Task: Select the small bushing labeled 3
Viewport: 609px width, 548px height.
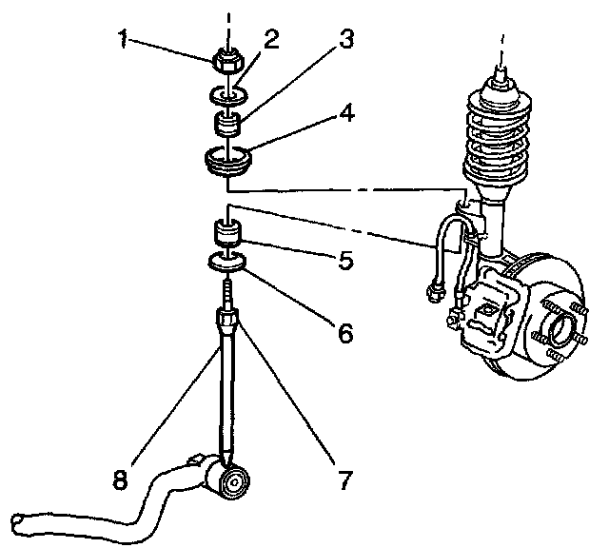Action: (x=227, y=124)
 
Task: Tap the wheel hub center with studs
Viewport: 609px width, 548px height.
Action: (x=562, y=333)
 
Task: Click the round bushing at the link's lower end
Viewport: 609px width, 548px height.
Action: (x=231, y=482)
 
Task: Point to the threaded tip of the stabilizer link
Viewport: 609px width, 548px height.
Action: (x=228, y=286)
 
